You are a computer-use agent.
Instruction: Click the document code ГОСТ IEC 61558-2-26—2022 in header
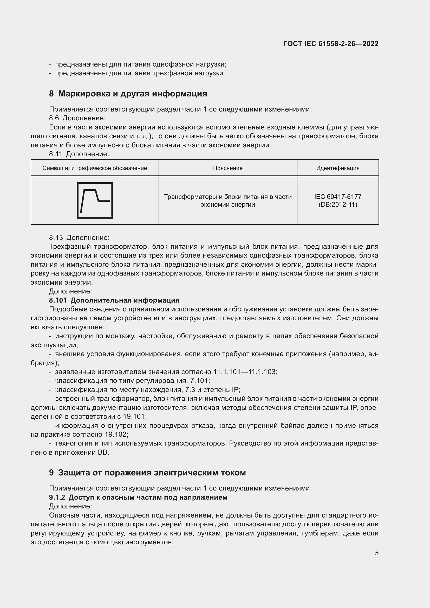tap(331, 44)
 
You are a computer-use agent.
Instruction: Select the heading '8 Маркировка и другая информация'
tap(128, 94)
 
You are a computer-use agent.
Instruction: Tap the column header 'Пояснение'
tap(228, 168)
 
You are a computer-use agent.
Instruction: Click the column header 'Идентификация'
tap(338, 168)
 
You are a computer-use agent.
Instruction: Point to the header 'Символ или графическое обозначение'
tap(95, 168)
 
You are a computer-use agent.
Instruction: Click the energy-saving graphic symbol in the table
tap(95, 200)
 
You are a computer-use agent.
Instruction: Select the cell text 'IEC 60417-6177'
tap(338, 197)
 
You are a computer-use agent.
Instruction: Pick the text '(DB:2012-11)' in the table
tap(338, 204)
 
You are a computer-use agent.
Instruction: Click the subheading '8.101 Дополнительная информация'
tap(114, 300)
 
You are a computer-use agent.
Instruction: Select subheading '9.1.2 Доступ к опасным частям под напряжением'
tap(138, 497)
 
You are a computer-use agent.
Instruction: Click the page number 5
tap(376, 553)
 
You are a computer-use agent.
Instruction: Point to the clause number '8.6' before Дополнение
tap(54, 118)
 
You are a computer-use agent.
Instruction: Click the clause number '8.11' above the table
tap(56, 154)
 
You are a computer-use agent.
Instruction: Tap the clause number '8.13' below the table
tap(56, 238)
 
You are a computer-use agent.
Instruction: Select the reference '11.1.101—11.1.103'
tap(245, 372)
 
